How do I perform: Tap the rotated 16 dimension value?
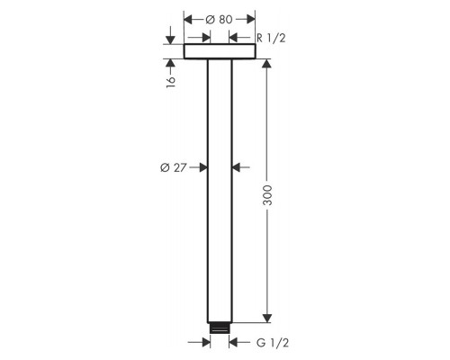(171, 78)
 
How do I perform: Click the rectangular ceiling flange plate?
(220, 52)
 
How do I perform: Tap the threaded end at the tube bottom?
(220, 327)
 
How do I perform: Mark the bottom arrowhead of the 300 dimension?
(266, 317)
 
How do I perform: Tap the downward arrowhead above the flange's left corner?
(171, 40)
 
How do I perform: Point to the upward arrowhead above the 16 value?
(171, 63)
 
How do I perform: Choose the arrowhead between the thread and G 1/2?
(236, 343)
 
